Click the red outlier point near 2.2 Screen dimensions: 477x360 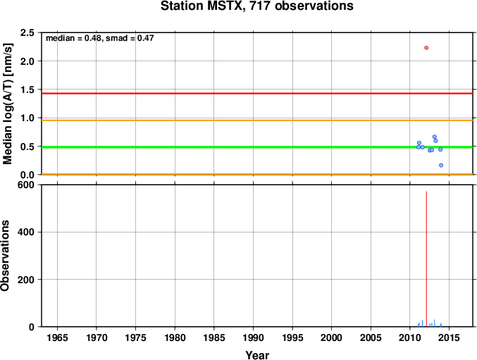click(426, 48)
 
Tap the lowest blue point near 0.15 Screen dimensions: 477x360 click(441, 165)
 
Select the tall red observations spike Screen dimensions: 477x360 click(426, 259)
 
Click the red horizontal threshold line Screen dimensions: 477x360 click(257, 93)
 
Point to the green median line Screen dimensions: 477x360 click(257, 147)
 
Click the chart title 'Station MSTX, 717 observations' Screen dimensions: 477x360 click(257, 6)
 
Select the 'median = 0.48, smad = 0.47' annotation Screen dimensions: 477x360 click(100, 38)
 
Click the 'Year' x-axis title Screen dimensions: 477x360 click(257, 355)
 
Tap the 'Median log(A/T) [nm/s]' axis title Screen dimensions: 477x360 click(8, 104)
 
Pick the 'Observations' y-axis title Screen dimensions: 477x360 click(5, 256)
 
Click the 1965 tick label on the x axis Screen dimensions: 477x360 click(57, 337)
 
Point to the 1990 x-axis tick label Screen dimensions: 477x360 click(253, 337)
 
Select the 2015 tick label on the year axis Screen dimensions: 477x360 click(449, 337)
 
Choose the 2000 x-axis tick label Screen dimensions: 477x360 click(332, 337)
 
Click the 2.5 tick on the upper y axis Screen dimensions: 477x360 click(27, 32)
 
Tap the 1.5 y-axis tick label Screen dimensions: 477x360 click(27, 89)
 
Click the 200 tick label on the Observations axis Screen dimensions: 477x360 click(26, 280)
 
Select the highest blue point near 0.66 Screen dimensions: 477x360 click(435, 137)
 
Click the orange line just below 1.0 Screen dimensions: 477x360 click(257, 120)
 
